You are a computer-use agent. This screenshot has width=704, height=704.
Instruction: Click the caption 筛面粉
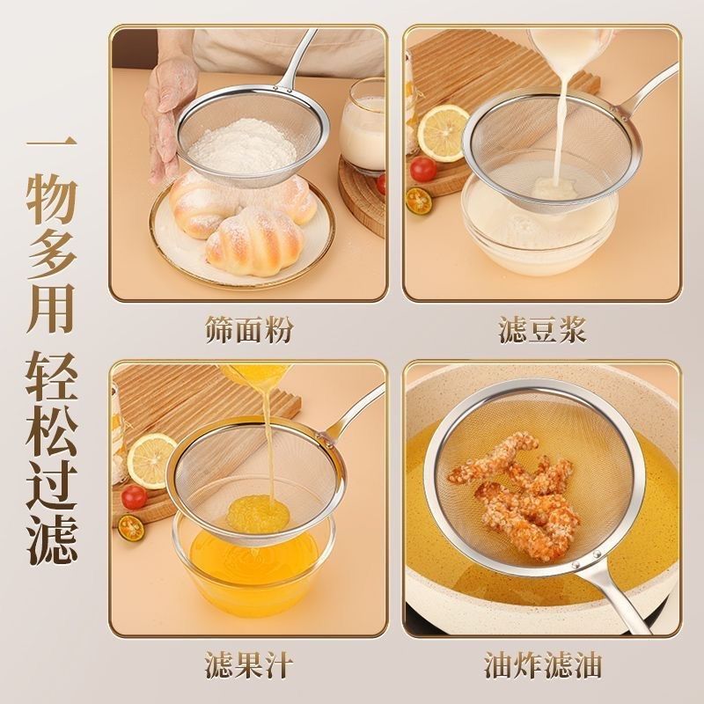(249, 330)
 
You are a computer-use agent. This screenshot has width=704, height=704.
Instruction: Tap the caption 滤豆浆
(542, 330)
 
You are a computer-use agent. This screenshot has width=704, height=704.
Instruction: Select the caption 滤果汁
(249, 665)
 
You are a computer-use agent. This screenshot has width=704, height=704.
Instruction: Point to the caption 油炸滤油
(542, 665)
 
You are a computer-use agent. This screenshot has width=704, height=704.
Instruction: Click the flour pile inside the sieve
(243, 145)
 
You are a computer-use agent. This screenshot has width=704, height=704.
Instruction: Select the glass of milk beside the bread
(362, 127)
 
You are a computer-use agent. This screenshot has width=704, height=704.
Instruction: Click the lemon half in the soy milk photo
(444, 133)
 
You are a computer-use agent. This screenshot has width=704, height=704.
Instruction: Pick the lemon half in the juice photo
(151, 460)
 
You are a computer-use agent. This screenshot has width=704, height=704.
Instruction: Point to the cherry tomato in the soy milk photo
(423, 169)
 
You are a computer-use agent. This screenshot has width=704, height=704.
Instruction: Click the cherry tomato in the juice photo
(134, 497)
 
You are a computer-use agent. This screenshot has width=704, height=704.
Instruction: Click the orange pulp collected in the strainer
(257, 514)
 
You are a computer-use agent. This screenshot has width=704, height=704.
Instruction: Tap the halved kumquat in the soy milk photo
(419, 202)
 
